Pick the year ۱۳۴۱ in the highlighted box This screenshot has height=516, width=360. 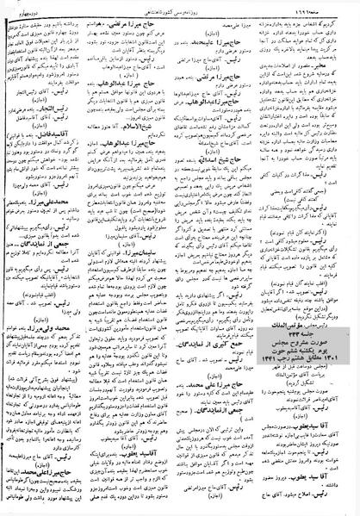click(276, 331)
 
